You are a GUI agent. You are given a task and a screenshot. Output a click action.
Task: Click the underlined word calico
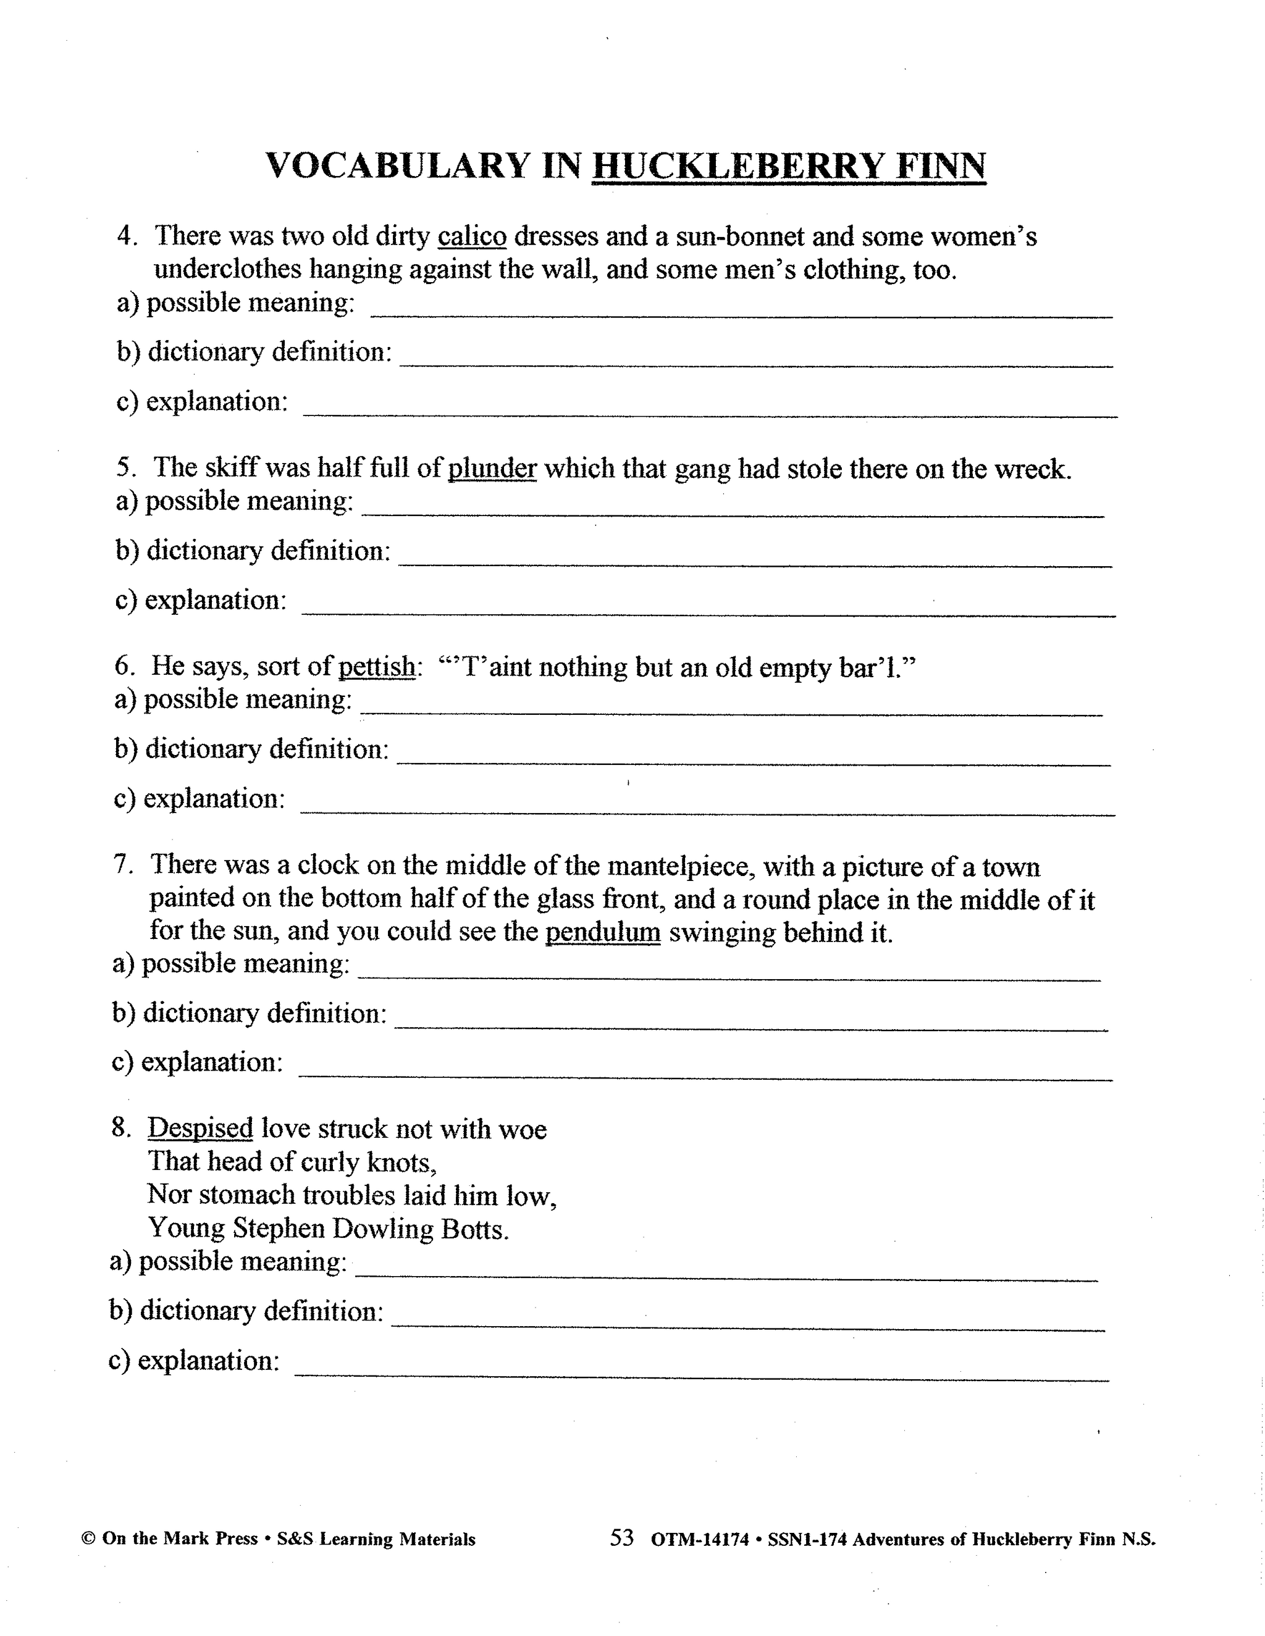471,236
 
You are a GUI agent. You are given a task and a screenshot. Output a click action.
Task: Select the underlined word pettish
376,666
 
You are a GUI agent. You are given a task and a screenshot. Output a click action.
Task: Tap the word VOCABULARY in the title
398,165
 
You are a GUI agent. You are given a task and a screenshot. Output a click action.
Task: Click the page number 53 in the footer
621,1538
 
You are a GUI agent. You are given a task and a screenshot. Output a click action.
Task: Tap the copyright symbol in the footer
88,1539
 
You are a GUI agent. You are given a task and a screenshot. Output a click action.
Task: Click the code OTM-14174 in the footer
699,1540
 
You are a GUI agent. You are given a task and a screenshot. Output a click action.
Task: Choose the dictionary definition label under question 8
246,1311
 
